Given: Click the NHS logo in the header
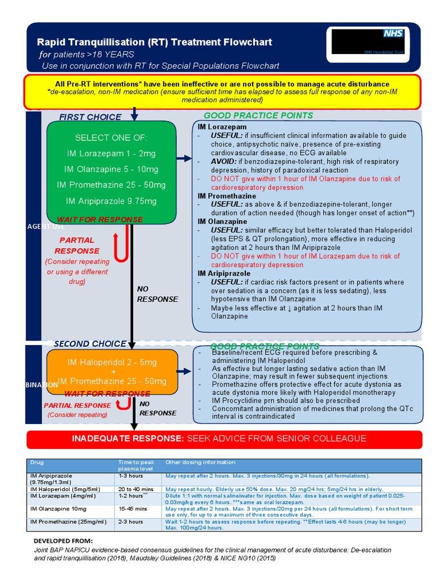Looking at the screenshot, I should click(393, 33).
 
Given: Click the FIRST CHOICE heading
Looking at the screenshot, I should click(90, 117).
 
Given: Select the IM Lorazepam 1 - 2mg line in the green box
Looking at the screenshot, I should click(111, 153).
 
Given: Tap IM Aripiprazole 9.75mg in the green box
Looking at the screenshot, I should click(111, 201).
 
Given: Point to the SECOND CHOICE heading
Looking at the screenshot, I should click(90, 344).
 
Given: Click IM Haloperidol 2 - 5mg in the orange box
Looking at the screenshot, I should click(112, 362).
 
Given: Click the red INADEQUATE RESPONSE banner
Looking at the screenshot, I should click(224, 439).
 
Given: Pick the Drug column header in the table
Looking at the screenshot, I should click(36, 463).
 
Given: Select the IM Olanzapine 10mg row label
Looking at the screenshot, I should click(59, 509).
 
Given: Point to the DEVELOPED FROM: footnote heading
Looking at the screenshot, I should click(63, 540).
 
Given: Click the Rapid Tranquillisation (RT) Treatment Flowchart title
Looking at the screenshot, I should click(154, 42).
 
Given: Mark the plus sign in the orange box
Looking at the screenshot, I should click(112, 372).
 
